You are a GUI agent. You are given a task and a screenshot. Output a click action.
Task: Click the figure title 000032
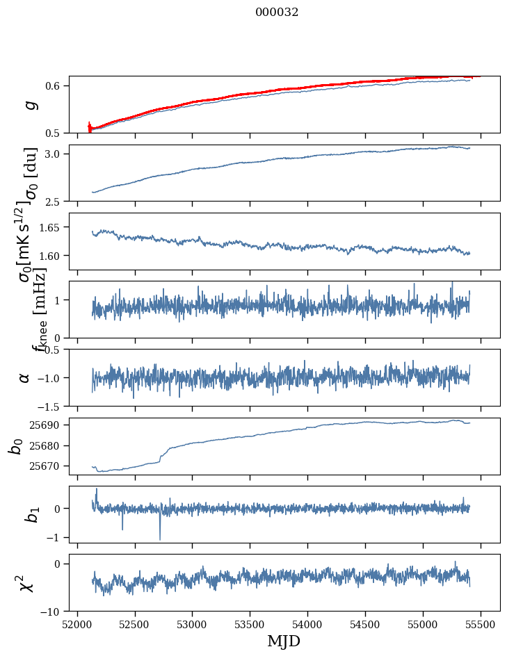277,13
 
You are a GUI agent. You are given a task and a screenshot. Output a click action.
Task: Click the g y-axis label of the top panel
29,104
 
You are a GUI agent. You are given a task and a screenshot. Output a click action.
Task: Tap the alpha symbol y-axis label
25,377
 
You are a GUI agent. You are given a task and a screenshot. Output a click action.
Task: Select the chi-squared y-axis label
26,582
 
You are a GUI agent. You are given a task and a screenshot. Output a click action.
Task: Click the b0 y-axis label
16,445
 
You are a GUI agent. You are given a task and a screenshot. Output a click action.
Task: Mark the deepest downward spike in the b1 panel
160,539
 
